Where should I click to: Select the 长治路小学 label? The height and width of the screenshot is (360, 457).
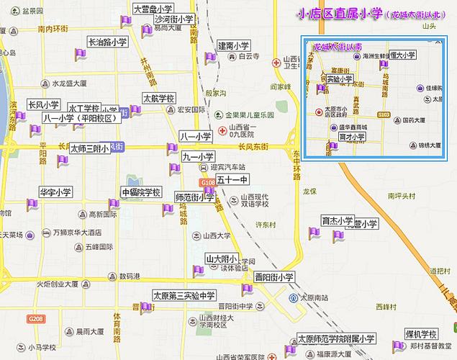(x=108, y=42)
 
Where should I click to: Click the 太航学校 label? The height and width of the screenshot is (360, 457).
(x=159, y=99)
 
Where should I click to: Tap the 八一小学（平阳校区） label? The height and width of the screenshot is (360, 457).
(x=80, y=118)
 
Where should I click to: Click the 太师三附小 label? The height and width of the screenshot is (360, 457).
(x=89, y=148)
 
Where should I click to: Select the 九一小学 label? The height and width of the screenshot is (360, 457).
(x=199, y=156)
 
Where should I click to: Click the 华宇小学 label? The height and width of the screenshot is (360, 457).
(x=55, y=192)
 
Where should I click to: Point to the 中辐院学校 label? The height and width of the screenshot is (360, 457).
(x=141, y=192)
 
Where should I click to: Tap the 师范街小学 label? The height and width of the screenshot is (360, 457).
(x=194, y=196)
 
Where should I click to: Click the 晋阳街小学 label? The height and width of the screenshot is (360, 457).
(x=275, y=276)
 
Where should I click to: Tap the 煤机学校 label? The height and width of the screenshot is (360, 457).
(x=421, y=334)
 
